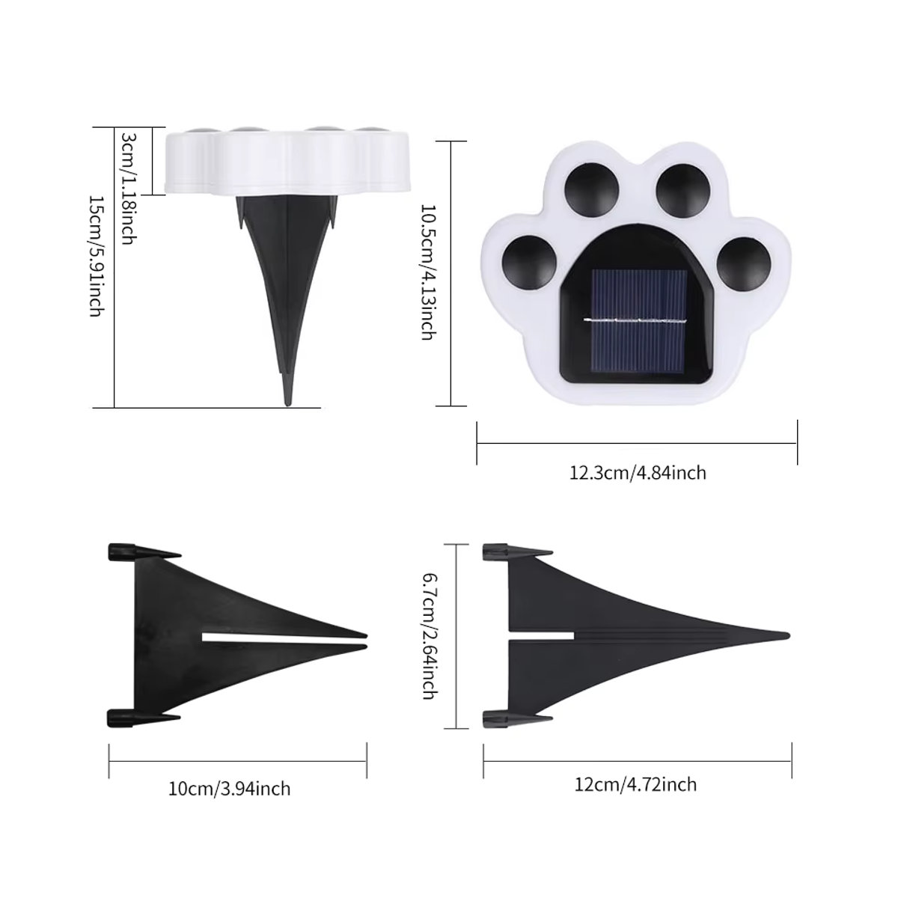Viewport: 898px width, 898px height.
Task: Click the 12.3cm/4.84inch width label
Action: pos(638,473)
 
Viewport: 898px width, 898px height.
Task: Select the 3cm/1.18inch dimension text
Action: pos(129,189)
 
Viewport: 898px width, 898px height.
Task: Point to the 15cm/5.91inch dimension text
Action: pos(95,256)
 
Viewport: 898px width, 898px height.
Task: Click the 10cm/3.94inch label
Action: pos(229,789)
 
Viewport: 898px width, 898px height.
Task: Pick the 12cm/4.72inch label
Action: pos(635,785)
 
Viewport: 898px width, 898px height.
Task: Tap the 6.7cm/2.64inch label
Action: pos(429,636)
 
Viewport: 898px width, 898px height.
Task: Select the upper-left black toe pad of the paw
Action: pos(592,189)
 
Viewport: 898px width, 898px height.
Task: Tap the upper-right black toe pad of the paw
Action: pos(684,189)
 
